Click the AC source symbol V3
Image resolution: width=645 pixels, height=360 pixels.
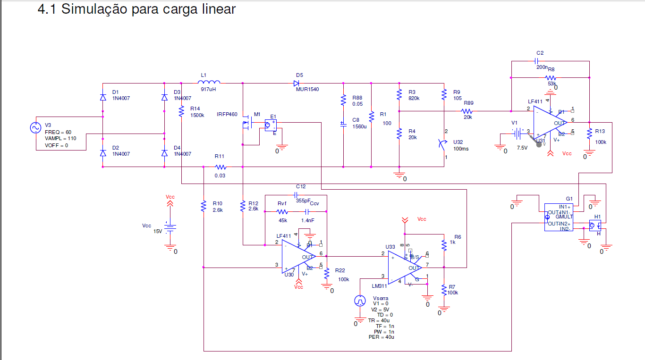tap(36, 128)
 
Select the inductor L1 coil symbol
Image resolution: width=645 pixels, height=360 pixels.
tap(209, 82)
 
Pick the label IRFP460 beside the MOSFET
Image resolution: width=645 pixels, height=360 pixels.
tap(227, 114)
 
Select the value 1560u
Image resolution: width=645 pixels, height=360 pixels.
tap(359, 126)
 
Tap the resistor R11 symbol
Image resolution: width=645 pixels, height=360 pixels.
tap(221, 167)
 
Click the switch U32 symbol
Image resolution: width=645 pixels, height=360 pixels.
tap(443, 143)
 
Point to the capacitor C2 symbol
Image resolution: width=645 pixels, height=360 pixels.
tap(536, 61)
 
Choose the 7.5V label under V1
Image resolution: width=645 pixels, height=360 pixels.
tap(522, 148)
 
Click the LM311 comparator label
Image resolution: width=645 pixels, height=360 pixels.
tap(379, 286)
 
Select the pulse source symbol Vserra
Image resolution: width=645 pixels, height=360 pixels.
tap(360, 301)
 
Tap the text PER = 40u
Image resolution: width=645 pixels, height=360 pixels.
tap(381, 337)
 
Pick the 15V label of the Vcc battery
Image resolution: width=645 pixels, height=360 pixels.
tap(157, 231)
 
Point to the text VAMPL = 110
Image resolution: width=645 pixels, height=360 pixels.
tap(60, 139)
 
